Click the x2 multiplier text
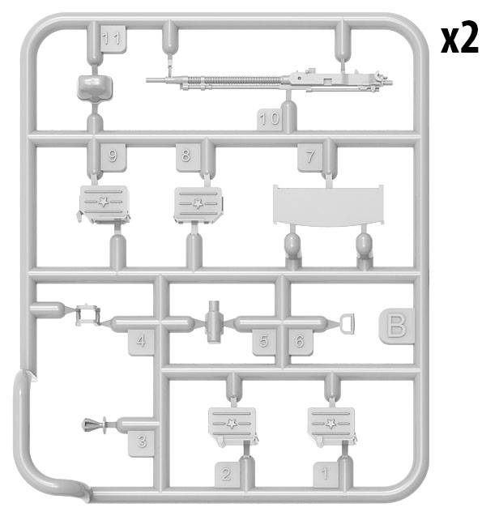(x=459, y=37)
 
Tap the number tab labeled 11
(x=113, y=39)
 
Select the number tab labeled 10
(x=269, y=119)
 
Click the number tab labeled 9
(x=113, y=156)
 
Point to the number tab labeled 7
(x=310, y=157)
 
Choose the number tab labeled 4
(x=141, y=342)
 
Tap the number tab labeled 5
(x=264, y=342)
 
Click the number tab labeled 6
(x=301, y=342)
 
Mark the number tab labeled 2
(x=227, y=474)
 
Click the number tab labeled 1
(x=325, y=474)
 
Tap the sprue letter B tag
(x=397, y=326)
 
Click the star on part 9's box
(x=104, y=202)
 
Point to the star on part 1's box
(x=331, y=424)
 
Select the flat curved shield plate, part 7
(x=328, y=206)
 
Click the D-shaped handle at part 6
(x=348, y=324)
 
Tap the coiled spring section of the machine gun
(x=234, y=80)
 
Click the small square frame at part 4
(x=87, y=315)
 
